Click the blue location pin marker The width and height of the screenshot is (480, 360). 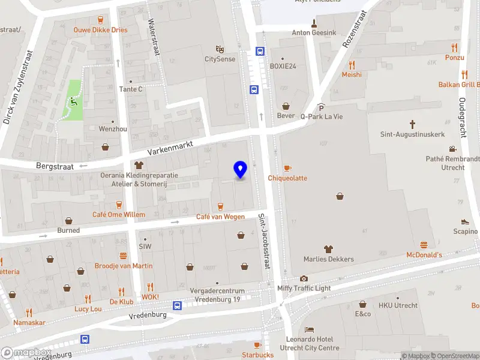pyautogui.click(x=241, y=169)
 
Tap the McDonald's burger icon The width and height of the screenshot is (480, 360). pyautogui.click(x=424, y=245)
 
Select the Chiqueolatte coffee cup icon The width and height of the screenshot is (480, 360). pyautogui.click(x=287, y=168)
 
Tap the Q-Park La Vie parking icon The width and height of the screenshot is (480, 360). pyautogui.click(x=321, y=107)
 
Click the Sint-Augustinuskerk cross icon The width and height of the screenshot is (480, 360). pyautogui.click(x=413, y=124)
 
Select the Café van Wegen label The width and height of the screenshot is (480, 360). pyautogui.click(x=221, y=217)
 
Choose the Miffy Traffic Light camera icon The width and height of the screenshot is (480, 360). pyautogui.click(x=304, y=278)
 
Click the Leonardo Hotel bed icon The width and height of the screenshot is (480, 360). pyautogui.click(x=309, y=330)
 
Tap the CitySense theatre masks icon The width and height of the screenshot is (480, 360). pyautogui.click(x=220, y=49)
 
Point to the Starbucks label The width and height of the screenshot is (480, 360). pyautogui.click(x=258, y=355)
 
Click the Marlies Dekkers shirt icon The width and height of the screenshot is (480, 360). pyautogui.click(x=328, y=249)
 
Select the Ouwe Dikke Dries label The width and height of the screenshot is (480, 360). pyautogui.click(x=100, y=29)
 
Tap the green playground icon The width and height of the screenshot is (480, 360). pyautogui.click(x=74, y=100)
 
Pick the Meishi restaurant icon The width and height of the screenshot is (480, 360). pyautogui.click(x=352, y=65)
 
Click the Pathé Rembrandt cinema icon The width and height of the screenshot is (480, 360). pyautogui.click(x=452, y=149)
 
